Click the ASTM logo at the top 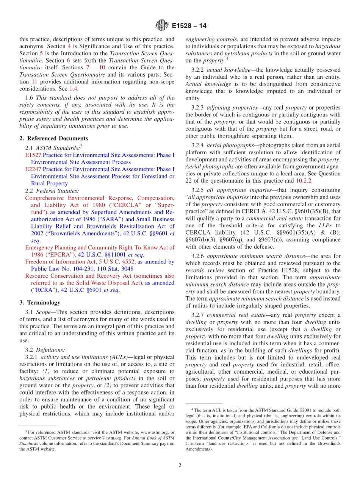[x=162, y=26]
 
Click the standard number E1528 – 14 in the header [x=189, y=26]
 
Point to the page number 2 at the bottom [x=180, y=465]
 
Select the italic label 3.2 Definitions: [x=45, y=350]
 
